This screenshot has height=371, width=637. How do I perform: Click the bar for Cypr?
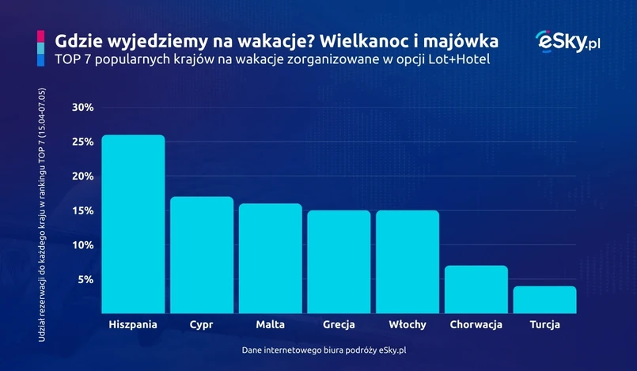202,255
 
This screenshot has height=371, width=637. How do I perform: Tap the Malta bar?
270,258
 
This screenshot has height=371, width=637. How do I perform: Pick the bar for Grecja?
339,262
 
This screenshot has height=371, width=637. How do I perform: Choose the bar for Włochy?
408,262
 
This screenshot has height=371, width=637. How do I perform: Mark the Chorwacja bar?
476,289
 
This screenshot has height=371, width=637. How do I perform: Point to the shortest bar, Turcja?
544,300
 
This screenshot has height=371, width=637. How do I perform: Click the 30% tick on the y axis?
82,108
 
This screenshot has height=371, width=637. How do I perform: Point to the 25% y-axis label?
82,142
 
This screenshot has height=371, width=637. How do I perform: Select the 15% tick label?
82,210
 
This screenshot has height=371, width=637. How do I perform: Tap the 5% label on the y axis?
85,279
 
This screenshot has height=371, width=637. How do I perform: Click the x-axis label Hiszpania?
133,324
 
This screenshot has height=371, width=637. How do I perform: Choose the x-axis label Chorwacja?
476,324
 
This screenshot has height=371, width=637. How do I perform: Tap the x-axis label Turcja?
544,324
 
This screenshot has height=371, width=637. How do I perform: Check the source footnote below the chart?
318,349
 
